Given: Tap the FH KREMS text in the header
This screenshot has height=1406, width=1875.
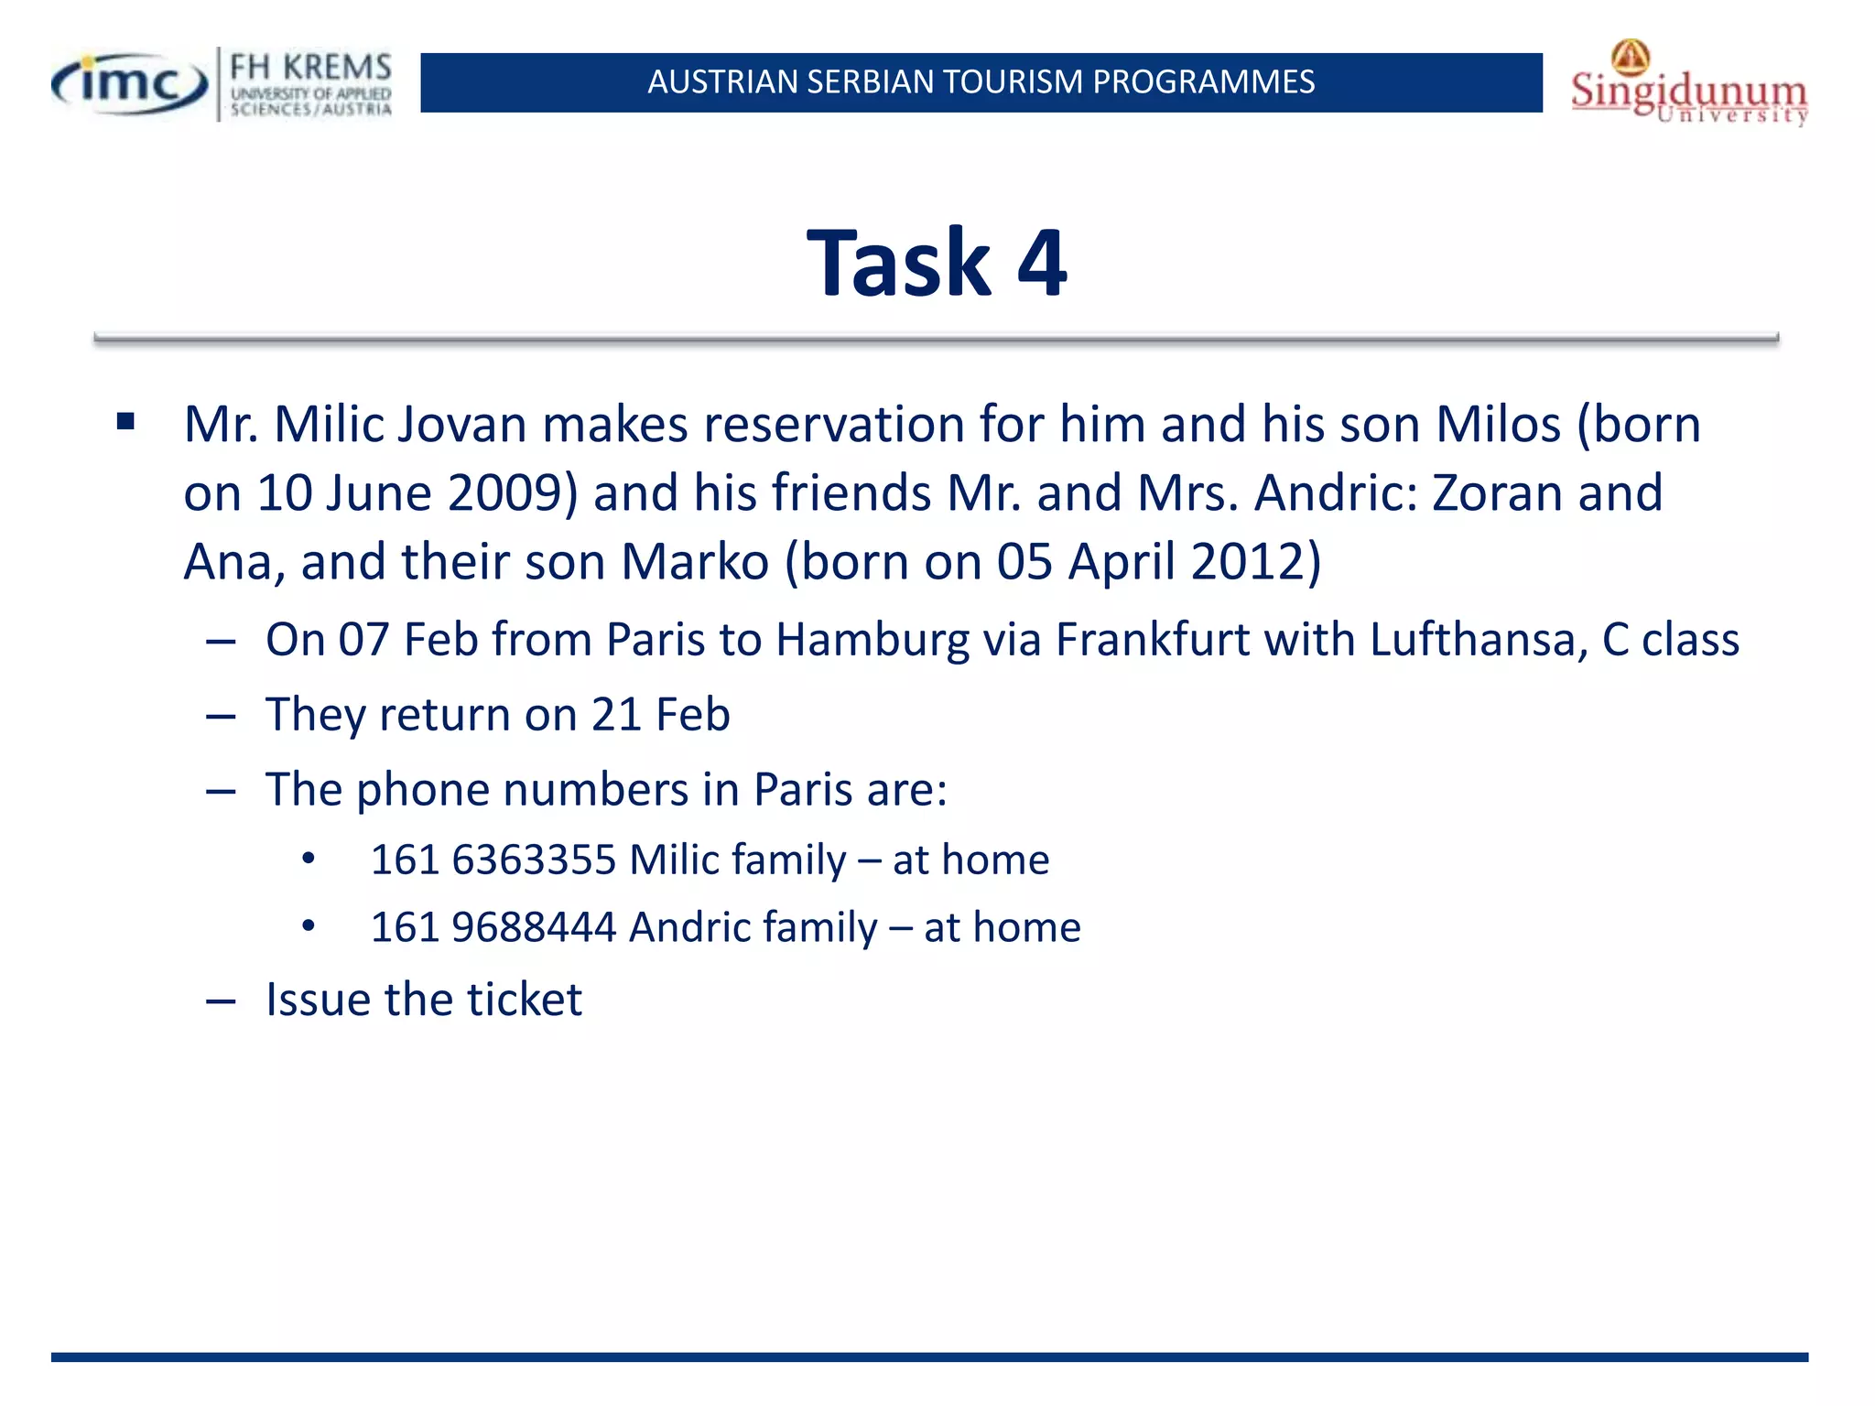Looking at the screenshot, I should click(310, 67).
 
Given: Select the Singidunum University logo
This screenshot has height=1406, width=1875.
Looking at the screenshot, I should click(1689, 85).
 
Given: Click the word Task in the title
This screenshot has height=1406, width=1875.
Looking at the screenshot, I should click(899, 264).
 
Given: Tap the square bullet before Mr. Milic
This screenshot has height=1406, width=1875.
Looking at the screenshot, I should click(125, 422).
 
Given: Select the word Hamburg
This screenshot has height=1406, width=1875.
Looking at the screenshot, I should click(872, 640).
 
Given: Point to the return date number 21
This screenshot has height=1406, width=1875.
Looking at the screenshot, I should click(615, 715).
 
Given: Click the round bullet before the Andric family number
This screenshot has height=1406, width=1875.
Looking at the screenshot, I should click(309, 927).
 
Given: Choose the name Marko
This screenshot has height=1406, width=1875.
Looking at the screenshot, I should click(695, 561).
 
